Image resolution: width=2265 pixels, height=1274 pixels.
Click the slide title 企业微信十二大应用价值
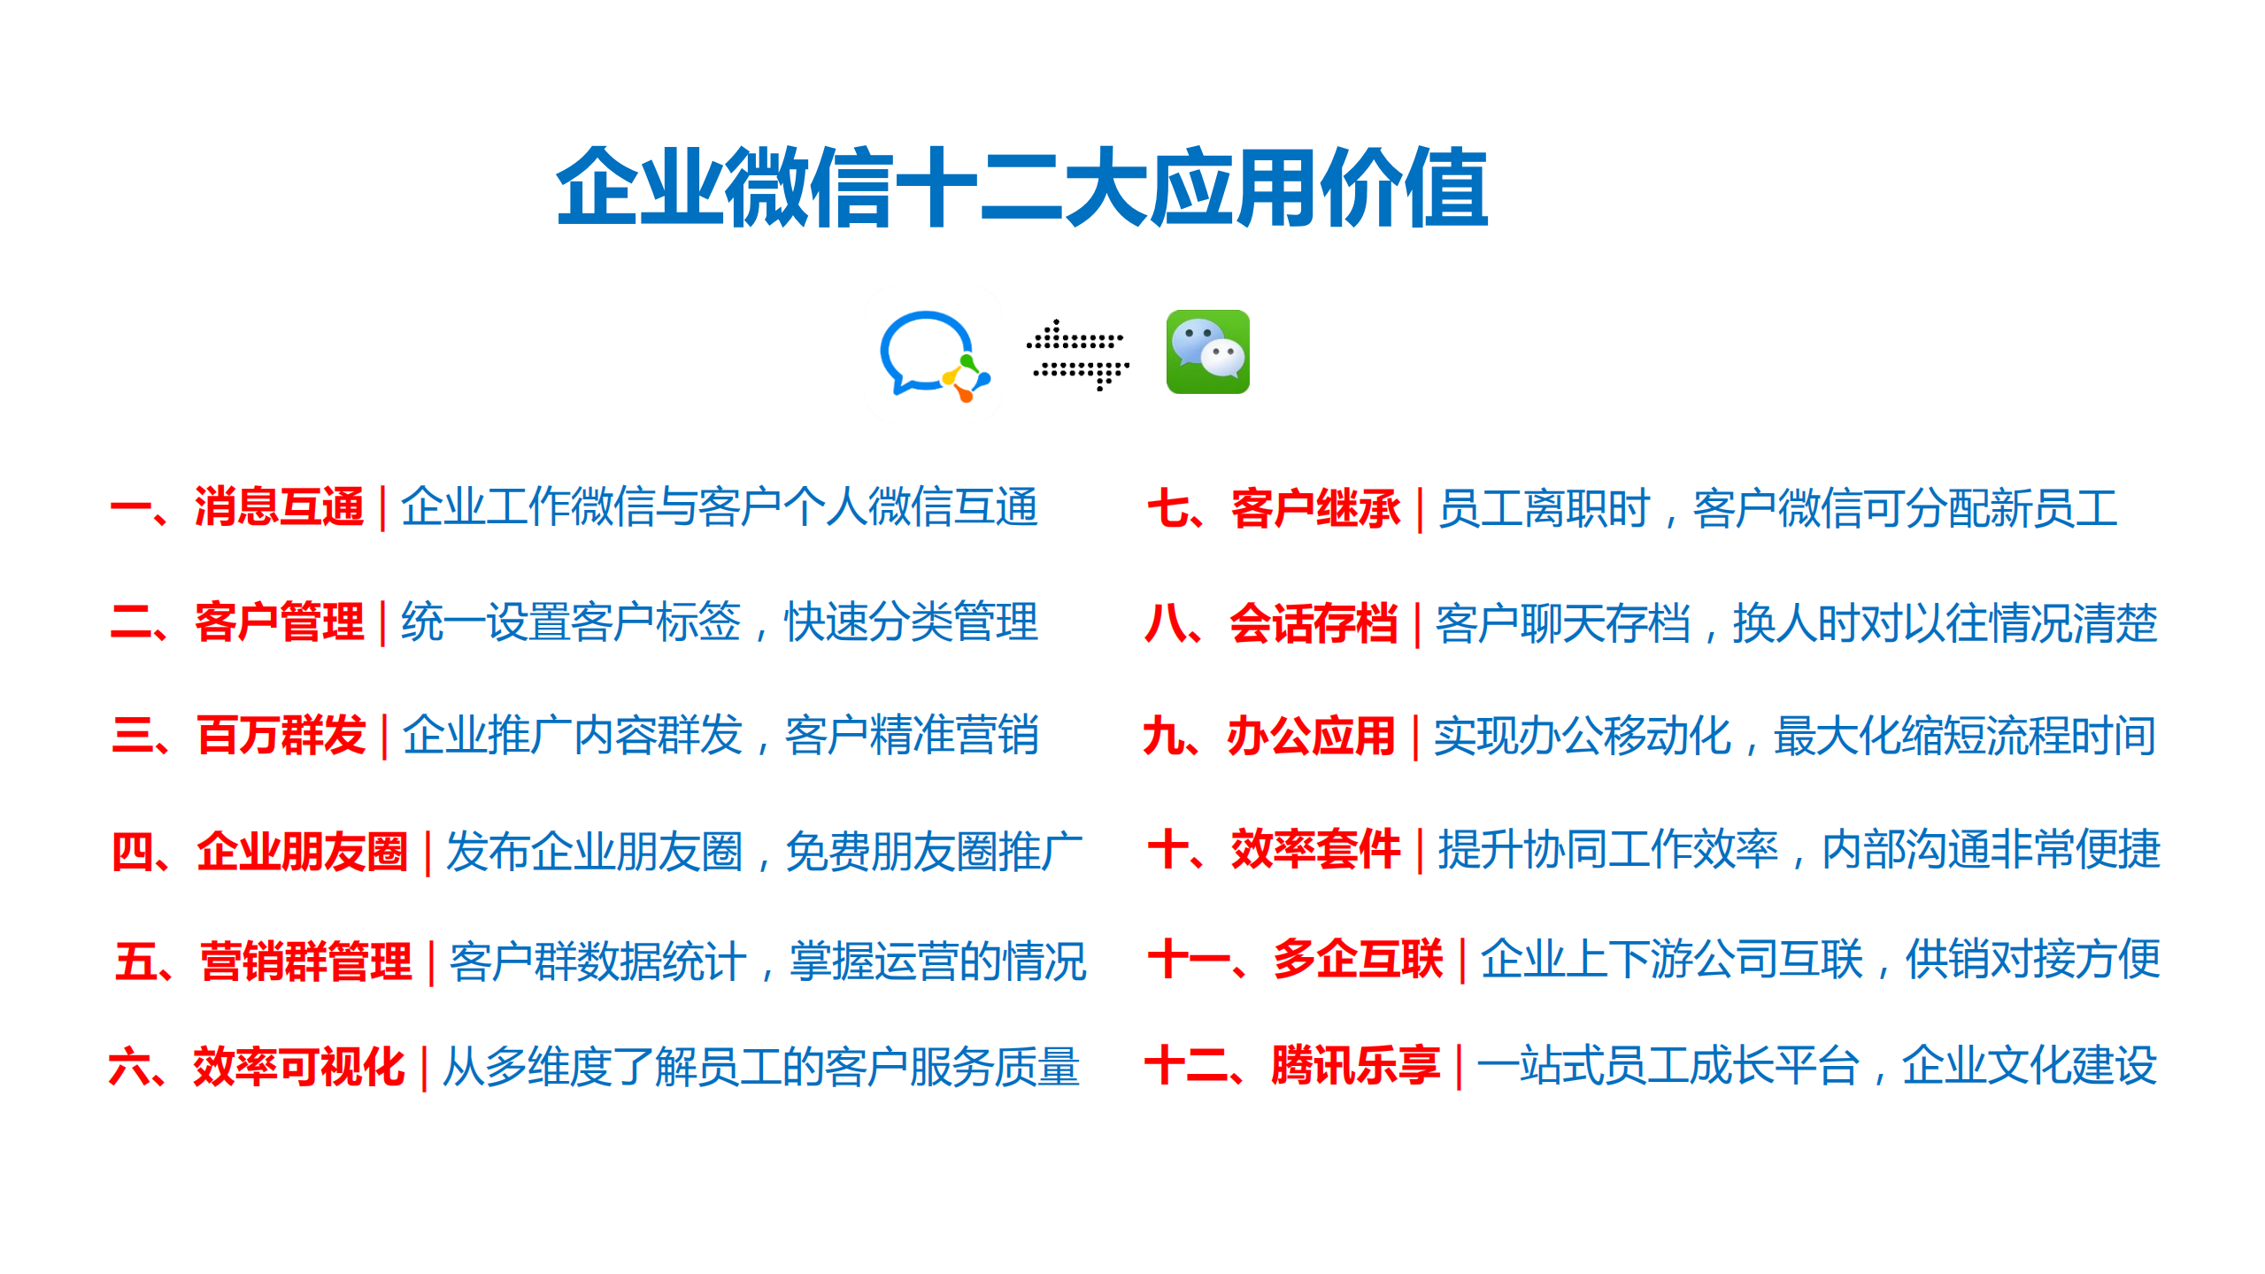(x=1022, y=187)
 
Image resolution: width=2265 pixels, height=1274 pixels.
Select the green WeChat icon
(x=1207, y=351)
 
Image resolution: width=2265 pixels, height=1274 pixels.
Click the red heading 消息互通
(x=279, y=507)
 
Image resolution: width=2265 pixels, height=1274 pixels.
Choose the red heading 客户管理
(x=279, y=622)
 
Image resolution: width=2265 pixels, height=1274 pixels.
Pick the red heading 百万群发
(x=281, y=735)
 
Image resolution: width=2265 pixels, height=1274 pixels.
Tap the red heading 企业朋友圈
(x=302, y=851)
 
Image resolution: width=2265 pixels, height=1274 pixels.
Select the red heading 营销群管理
(x=305, y=961)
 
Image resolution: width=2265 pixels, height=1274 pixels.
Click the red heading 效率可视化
(x=299, y=1066)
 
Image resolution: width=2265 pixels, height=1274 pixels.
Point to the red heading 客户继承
(x=1315, y=508)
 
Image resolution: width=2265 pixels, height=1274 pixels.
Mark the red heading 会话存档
(x=1314, y=623)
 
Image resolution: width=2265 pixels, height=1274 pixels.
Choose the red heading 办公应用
(x=1311, y=736)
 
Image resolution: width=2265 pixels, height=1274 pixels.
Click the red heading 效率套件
(x=1315, y=849)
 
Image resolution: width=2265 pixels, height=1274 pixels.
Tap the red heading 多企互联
(x=1358, y=959)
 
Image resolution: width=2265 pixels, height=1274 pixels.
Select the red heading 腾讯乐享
(x=1355, y=1065)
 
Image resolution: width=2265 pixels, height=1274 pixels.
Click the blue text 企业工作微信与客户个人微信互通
(x=719, y=507)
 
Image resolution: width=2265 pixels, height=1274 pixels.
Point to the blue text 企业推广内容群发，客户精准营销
(x=720, y=735)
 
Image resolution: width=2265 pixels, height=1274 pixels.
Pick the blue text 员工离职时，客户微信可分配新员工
(x=1777, y=508)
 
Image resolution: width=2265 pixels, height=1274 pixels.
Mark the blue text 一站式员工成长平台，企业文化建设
(x=1816, y=1065)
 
